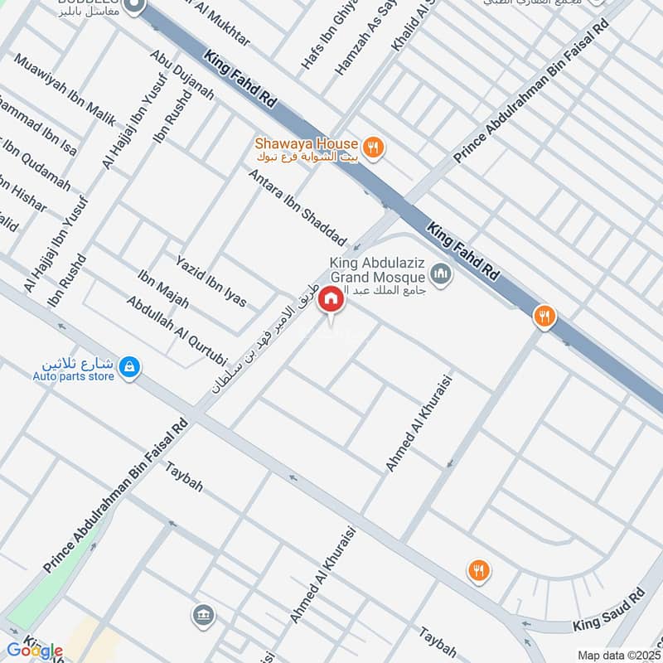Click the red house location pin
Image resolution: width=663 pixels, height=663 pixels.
point(331,299)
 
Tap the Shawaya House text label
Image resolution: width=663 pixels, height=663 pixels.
point(306,143)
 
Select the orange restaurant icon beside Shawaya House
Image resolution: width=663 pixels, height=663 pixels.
point(375,147)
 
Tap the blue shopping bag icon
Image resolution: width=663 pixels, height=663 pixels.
point(128,365)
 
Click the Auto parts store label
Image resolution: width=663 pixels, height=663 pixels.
point(74,376)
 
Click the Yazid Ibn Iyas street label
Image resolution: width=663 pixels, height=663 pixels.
point(211,281)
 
